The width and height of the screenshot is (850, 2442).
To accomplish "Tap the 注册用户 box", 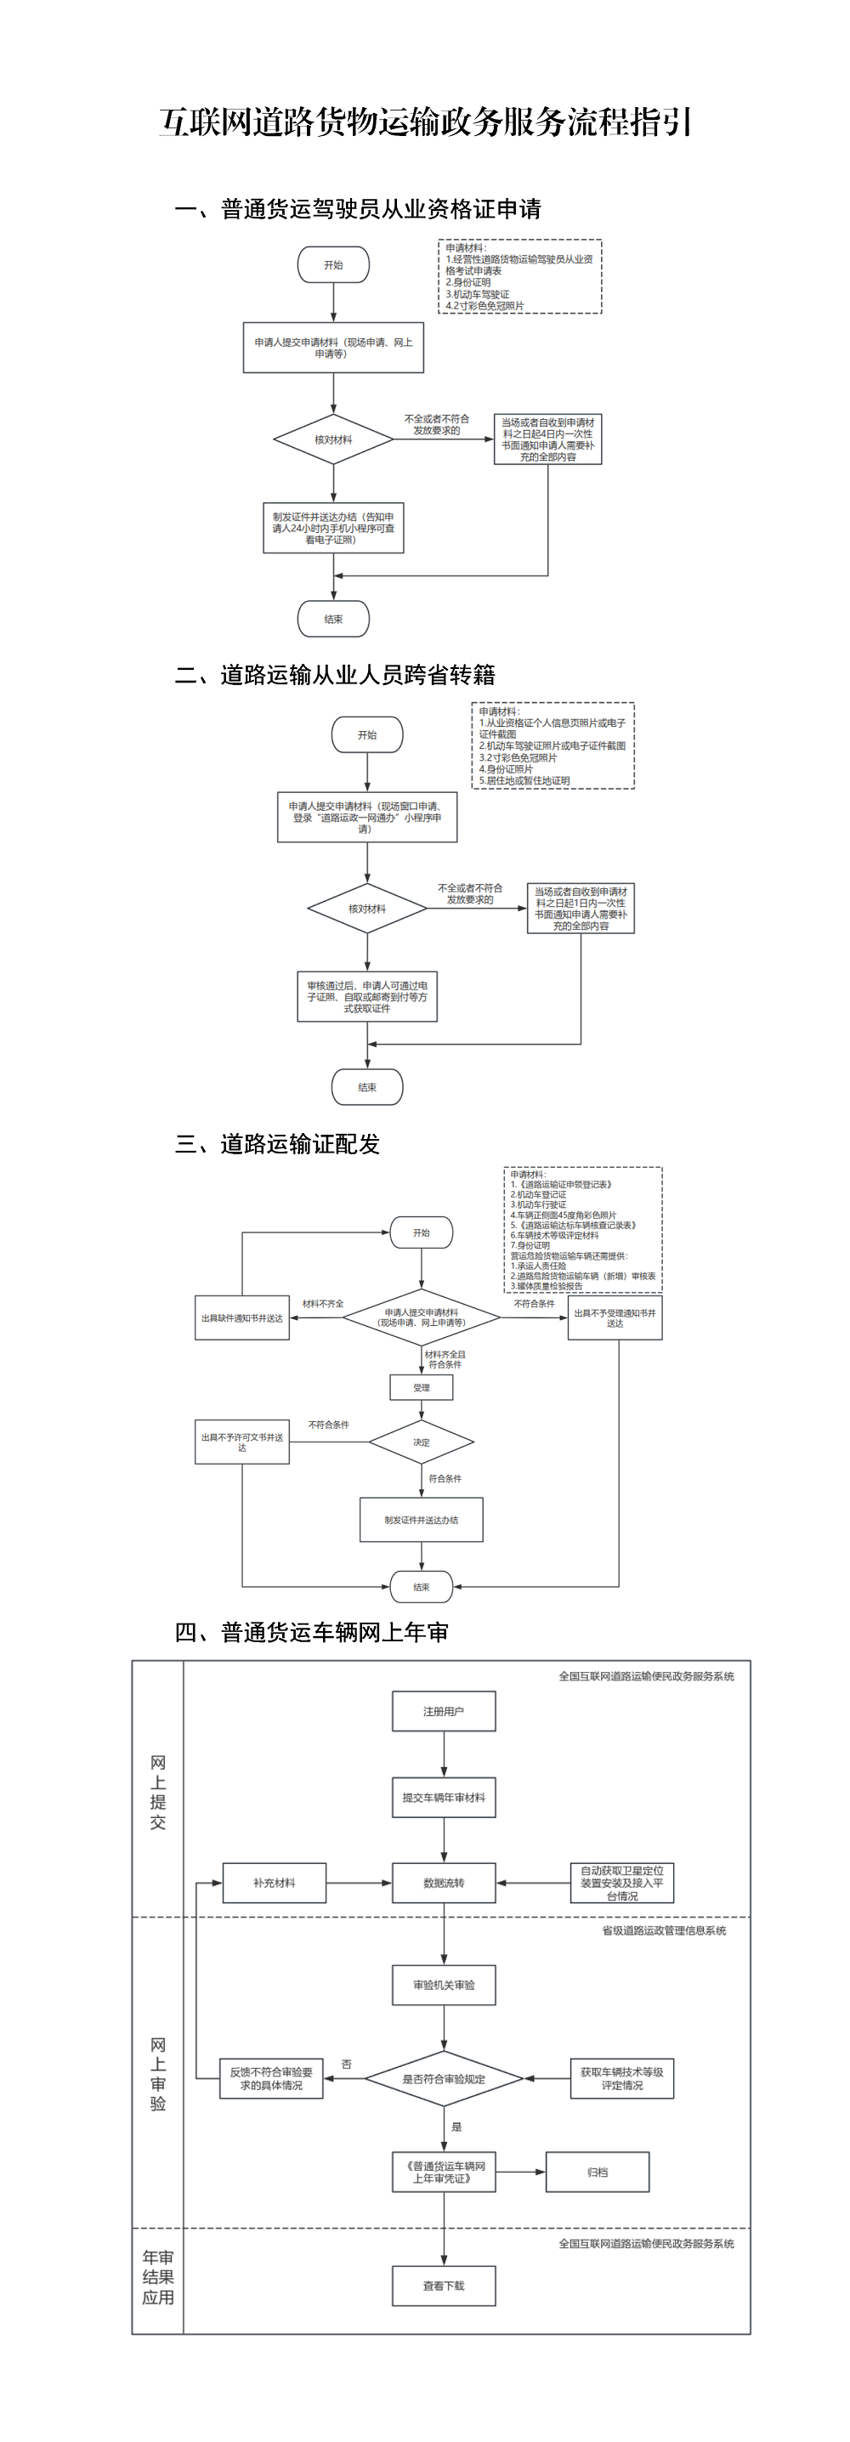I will pyautogui.click(x=444, y=1711).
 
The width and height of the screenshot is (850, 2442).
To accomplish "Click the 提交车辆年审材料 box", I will pyautogui.click(x=444, y=1798).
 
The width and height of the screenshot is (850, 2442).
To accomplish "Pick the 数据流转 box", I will pyautogui.click(x=444, y=1883).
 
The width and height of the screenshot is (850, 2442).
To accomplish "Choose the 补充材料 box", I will pyautogui.click(x=274, y=1883).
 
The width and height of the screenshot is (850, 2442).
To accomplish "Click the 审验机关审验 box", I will pyautogui.click(x=444, y=1985).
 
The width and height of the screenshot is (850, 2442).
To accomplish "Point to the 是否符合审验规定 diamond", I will pyautogui.click(x=444, y=2079).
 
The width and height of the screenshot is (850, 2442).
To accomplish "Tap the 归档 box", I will pyautogui.click(x=597, y=2172).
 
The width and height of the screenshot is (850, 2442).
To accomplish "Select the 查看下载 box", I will pyautogui.click(x=444, y=2286).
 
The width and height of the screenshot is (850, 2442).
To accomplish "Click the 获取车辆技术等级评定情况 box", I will pyautogui.click(x=621, y=2079).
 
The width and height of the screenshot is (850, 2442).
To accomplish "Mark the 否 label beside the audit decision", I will pyautogui.click(x=347, y=2064).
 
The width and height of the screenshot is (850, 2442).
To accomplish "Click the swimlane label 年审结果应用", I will pyautogui.click(x=157, y=2277).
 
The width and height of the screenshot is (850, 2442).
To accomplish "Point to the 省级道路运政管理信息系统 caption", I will pyautogui.click(x=663, y=1930).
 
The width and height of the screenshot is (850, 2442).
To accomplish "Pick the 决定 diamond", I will pyautogui.click(x=422, y=1442).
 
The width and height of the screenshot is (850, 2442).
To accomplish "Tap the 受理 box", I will pyautogui.click(x=422, y=1387).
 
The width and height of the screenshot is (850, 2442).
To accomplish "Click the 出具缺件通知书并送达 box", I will pyautogui.click(x=241, y=1317).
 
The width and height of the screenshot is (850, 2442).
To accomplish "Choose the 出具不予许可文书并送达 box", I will pyautogui.click(x=241, y=1442).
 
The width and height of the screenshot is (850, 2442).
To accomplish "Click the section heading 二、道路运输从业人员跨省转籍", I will pyautogui.click(x=335, y=675).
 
